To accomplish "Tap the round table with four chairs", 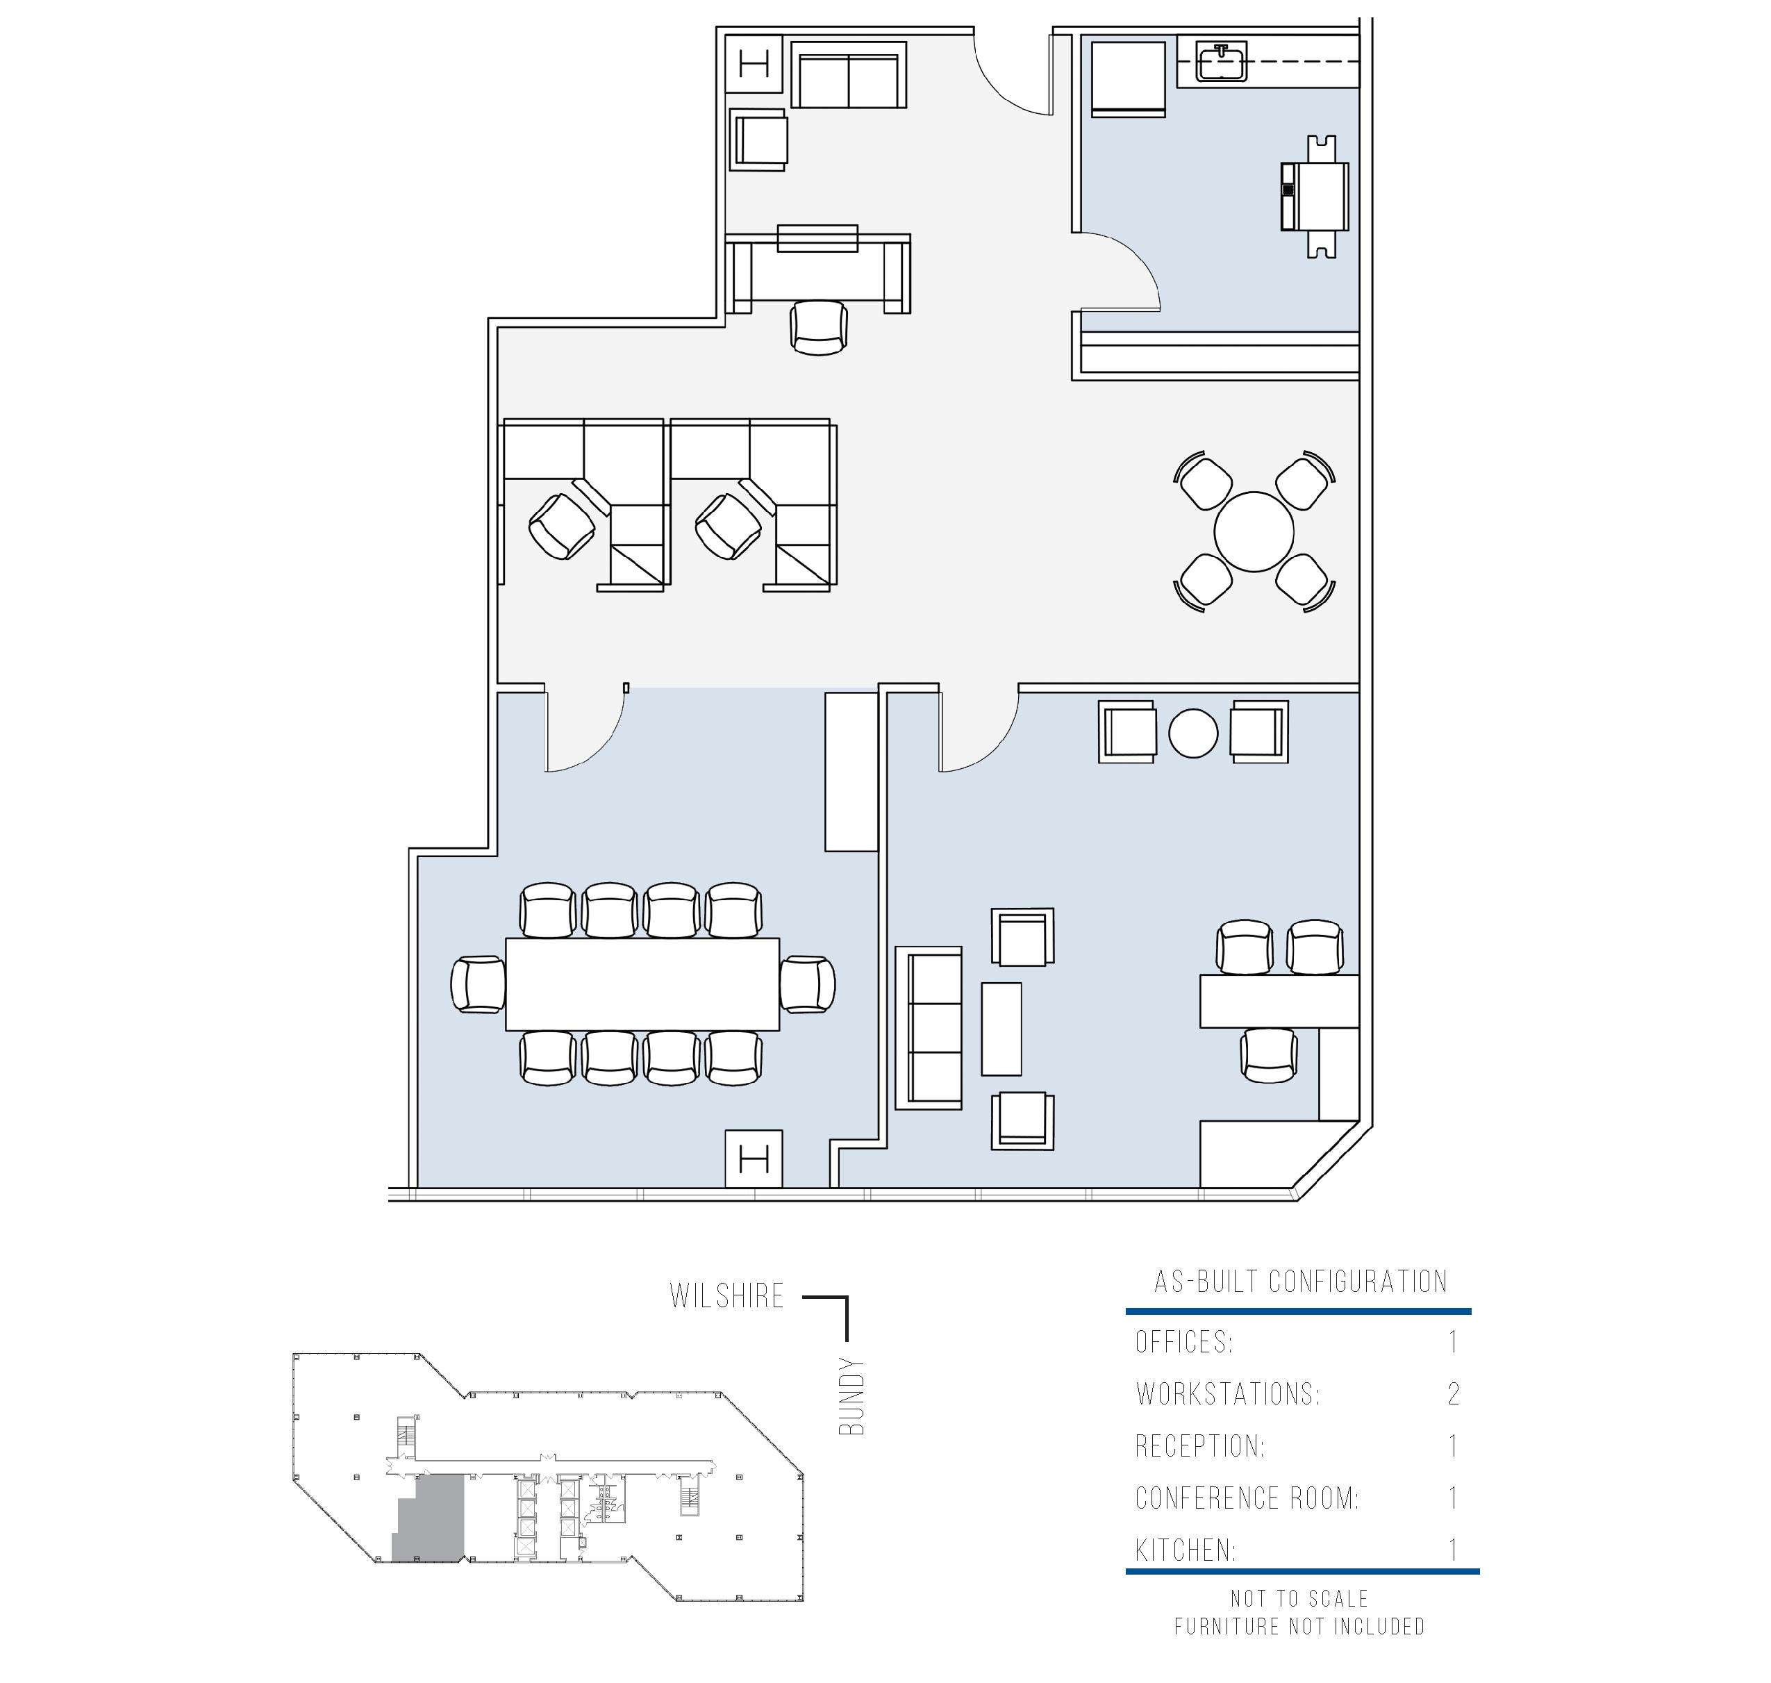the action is click(1254, 531).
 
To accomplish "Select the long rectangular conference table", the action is click(642, 984).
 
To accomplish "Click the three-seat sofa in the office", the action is click(929, 1028).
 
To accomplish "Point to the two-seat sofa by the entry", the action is click(848, 74).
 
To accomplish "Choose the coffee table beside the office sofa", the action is click(1001, 1029).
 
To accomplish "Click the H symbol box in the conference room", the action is click(754, 1160).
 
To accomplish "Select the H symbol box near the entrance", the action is click(754, 64).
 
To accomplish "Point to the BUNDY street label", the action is click(851, 1398).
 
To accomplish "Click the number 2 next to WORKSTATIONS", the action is click(1454, 1394).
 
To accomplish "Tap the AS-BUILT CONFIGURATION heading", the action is click(1301, 1281).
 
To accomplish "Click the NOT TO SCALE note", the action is click(1300, 1599).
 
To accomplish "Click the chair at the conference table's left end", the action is click(479, 984).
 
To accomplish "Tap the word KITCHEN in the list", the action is click(1184, 1550).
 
